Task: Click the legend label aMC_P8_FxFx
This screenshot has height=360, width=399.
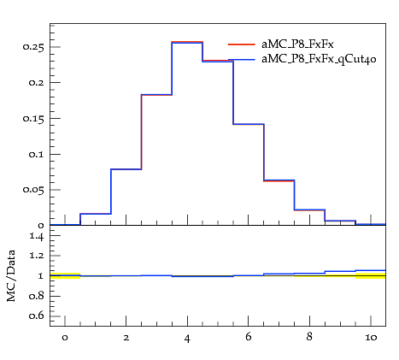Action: tap(297, 44)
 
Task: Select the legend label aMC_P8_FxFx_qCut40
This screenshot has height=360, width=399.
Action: tap(319, 59)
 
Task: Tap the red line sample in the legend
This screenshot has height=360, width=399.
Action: tap(242, 44)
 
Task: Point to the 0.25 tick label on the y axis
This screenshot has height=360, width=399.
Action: tap(33, 47)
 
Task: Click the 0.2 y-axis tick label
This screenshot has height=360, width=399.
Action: tap(37, 83)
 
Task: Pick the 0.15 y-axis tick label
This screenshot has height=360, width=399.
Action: tap(33, 118)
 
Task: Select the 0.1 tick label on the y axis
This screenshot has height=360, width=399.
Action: tap(37, 154)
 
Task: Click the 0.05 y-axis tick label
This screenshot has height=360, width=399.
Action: tap(33, 190)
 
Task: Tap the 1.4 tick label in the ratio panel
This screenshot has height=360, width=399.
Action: tap(37, 236)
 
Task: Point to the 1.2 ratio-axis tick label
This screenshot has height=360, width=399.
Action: tap(37, 256)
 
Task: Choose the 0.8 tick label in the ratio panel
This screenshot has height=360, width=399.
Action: tap(37, 296)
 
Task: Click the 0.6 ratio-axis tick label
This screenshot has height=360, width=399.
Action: tap(37, 316)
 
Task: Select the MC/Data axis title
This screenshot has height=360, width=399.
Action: tap(11, 275)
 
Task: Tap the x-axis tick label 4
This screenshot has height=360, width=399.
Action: tap(187, 339)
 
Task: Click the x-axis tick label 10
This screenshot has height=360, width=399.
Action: tap(371, 338)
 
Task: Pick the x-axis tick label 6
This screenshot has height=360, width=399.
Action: tap(249, 337)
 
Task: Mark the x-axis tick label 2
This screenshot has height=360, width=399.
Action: tap(126, 338)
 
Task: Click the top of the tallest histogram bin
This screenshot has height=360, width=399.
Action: tap(187, 42)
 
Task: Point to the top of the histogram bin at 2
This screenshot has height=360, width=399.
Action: tap(126, 169)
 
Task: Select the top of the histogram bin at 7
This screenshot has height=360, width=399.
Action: tap(279, 180)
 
